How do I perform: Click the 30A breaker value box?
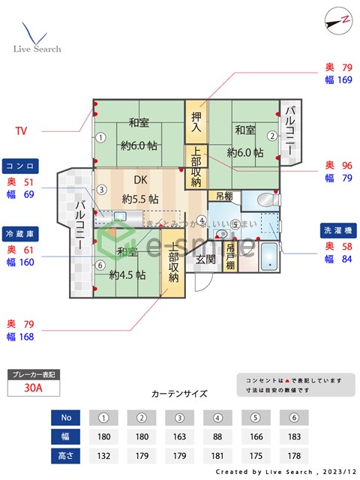tap(32, 388)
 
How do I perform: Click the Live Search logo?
tap(36, 37)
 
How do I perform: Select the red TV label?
tap(21, 130)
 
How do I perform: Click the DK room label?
tap(140, 180)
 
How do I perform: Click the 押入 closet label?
tap(196, 122)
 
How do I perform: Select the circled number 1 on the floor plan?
tap(100, 136)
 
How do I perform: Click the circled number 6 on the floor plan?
tap(100, 264)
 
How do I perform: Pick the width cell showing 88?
tap(217, 436)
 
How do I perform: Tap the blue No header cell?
tap(65, 417)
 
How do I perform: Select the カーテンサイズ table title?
tap(179, 394)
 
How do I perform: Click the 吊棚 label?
tap(223, 196)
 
